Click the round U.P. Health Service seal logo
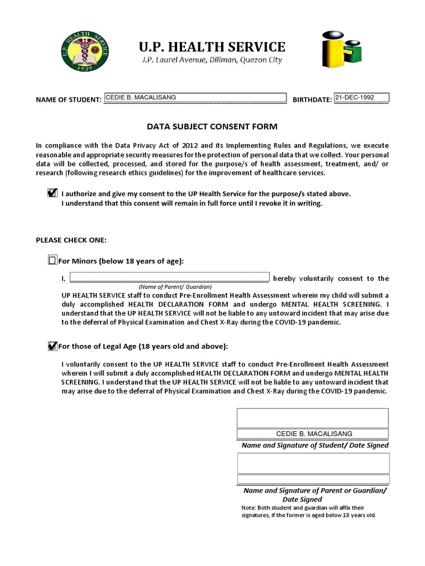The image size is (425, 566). point(85,54)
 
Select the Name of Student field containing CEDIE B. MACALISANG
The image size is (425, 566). point(195,98)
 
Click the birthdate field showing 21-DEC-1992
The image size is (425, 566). point(361,98)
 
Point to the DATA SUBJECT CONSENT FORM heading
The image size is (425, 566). point(212,127)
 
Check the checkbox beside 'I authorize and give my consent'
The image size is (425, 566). point(53,193)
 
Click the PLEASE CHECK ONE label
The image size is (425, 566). point(71,240)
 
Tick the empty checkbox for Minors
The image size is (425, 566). point(53,260)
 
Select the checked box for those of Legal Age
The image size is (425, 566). point(53,346)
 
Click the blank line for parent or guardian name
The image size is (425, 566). point(169,278)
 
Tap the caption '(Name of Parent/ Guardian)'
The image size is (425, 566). point(175,287)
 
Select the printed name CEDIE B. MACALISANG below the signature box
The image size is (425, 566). point(314,434)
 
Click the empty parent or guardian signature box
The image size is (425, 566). point(313,463)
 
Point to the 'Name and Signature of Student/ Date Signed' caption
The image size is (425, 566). point(315,446)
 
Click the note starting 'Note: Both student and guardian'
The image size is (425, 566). point(308,511)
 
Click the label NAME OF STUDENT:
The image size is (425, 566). point(68,100)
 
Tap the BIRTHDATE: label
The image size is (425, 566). point(312,100)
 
